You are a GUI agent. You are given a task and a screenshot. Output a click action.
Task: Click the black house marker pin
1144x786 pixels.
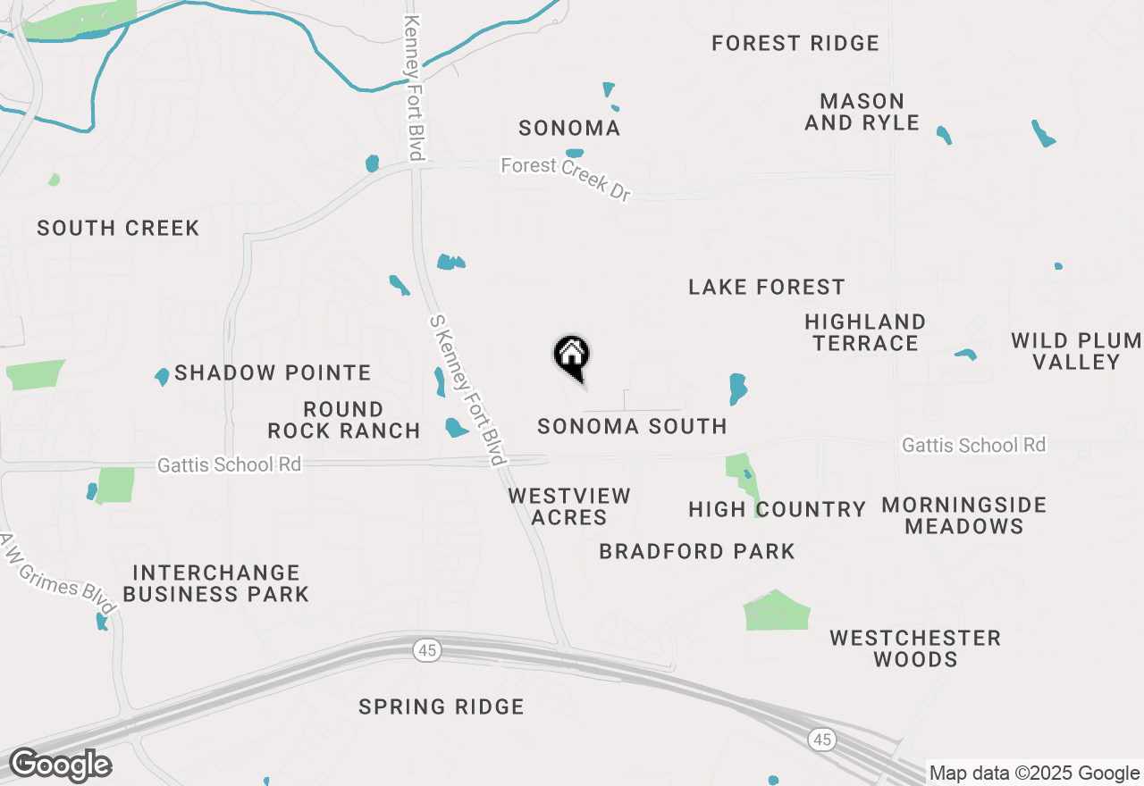coord(572,356)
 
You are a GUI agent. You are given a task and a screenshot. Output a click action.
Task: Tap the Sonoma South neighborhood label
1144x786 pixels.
coord(632,427)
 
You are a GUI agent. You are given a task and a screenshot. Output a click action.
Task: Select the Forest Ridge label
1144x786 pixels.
coord(795,43)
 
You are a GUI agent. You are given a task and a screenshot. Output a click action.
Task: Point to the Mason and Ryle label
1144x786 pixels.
coord(862,112)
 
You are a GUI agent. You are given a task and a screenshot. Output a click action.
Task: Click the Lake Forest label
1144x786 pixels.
coord(766,287)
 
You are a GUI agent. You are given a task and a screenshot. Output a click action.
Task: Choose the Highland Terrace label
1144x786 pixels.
coord(864,332)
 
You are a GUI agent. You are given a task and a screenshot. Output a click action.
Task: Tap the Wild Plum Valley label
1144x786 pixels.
coord(1076,351)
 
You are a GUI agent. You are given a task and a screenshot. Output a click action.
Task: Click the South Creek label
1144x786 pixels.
coord(118,229)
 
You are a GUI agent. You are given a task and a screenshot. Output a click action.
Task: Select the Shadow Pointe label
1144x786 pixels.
coord(273,372)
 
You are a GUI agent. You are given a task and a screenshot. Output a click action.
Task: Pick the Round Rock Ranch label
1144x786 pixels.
coord(344,420)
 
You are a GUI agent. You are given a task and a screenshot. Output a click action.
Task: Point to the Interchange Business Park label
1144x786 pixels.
coord(215,583)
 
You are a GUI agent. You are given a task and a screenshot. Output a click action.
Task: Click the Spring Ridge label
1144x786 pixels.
coord(441,707)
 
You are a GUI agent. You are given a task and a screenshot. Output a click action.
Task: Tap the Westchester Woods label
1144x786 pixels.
coord(915,648)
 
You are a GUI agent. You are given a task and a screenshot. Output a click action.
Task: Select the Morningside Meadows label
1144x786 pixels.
coord(963,515)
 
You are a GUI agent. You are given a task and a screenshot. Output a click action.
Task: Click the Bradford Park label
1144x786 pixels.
coord(697,552)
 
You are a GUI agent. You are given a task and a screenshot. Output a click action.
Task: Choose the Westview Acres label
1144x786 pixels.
coord(569,506)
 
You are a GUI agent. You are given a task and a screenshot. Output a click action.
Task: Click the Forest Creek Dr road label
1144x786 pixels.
coord(566,179)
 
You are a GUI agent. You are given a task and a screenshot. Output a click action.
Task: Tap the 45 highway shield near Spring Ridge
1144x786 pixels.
coord(427,650)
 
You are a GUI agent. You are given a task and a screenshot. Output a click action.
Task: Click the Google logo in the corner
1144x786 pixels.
coord(61,765)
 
